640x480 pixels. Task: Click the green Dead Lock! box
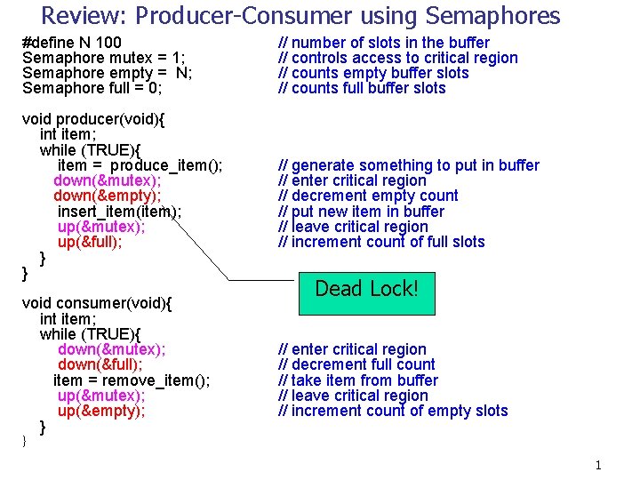tap(366, 289)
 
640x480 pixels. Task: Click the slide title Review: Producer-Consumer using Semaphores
tap(300, 16)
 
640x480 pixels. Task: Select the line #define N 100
tap(72, 43)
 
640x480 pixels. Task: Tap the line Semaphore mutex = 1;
tap(103, 58)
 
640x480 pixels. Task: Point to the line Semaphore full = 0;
tap(92, 88)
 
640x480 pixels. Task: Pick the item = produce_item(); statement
tap(140, 165)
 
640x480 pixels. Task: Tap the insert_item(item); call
tap(119, 212)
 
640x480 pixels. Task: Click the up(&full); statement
tap(90, 242)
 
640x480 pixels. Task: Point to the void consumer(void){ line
tap(97, 303)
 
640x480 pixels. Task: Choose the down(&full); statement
tap(100, 364)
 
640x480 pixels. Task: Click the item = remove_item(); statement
tap(132, 380)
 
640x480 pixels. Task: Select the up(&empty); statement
tap(101, 411)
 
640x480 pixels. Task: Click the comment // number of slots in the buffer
tap(384, 43)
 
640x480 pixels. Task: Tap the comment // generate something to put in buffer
tap(409, 165)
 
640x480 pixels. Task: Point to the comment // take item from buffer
tap(358, 380)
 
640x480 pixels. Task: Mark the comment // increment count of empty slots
tap(393, 411)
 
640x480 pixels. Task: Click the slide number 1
tap(598, 465)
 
